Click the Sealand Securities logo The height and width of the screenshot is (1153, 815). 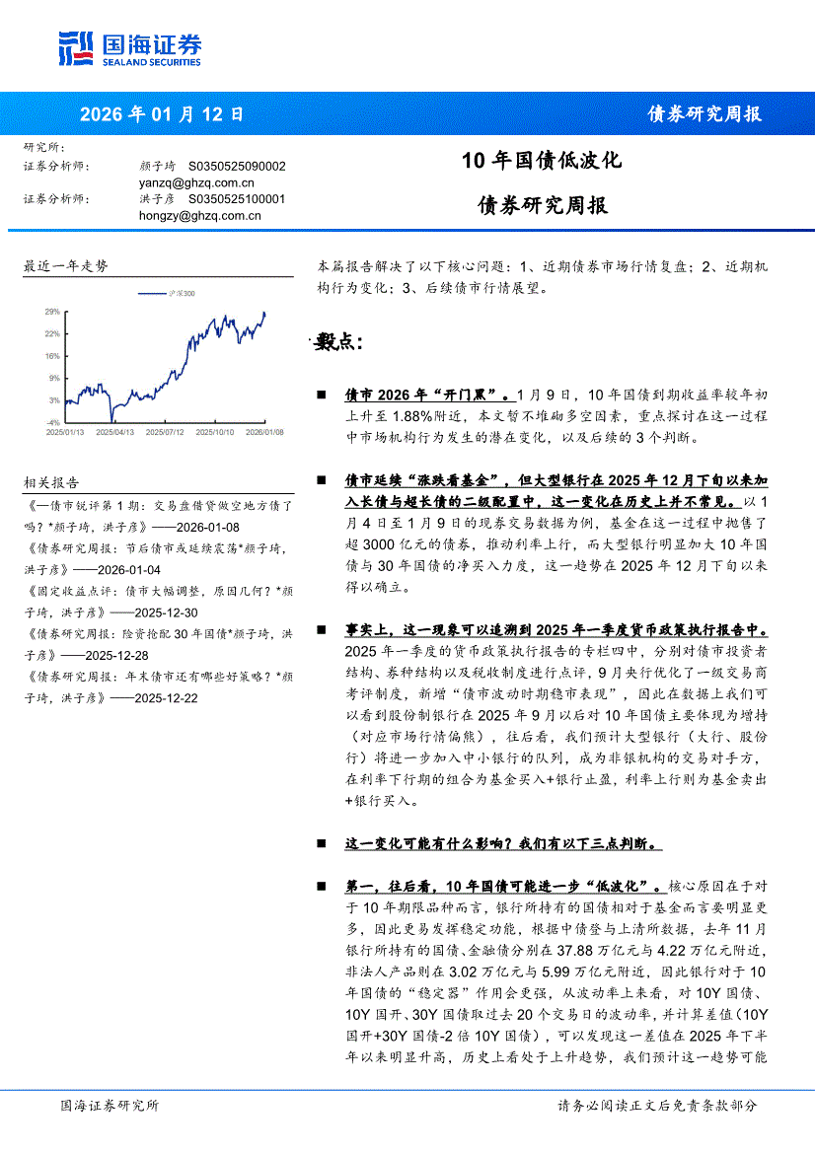tap(130, 47)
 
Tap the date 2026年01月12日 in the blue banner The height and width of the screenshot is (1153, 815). tap(161, 113)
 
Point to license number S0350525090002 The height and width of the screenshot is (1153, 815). tap(237, 167)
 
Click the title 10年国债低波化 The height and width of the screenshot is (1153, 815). tap(542, 160)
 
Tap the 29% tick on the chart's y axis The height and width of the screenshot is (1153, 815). tap(52, 311)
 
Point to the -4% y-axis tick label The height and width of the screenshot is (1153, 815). tap(53, 421)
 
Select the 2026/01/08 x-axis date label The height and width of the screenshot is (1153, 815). tap(263, 431)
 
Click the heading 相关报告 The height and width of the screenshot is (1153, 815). tap(51, 482)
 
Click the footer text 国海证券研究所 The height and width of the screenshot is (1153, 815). tap(109, 1106)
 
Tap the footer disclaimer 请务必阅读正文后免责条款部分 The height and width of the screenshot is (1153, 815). tap(657, 1106)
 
